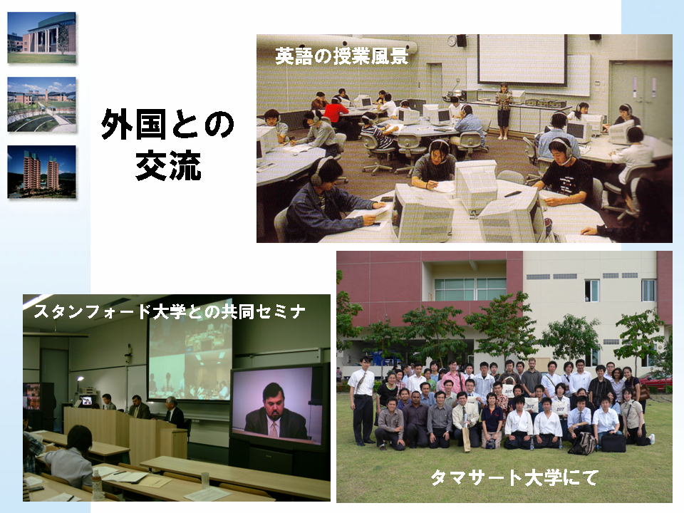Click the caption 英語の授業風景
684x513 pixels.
(341, 56)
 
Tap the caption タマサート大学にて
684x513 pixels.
(514, 477)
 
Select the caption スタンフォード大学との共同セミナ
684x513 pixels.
(170, 311)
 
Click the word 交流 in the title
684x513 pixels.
(168, 165)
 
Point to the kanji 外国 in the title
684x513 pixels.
(135, 124)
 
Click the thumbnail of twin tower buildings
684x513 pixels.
(41, 172)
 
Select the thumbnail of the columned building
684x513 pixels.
(41, 38)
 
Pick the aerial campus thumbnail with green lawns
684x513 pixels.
(41, 104)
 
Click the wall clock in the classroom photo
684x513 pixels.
(452, 41)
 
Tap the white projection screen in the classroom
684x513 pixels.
(522, 59)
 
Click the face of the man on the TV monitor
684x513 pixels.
(274, 399)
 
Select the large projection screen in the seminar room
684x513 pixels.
(190, 359)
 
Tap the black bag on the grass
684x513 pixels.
(613, 442)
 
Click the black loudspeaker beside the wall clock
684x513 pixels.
(462, 41)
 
